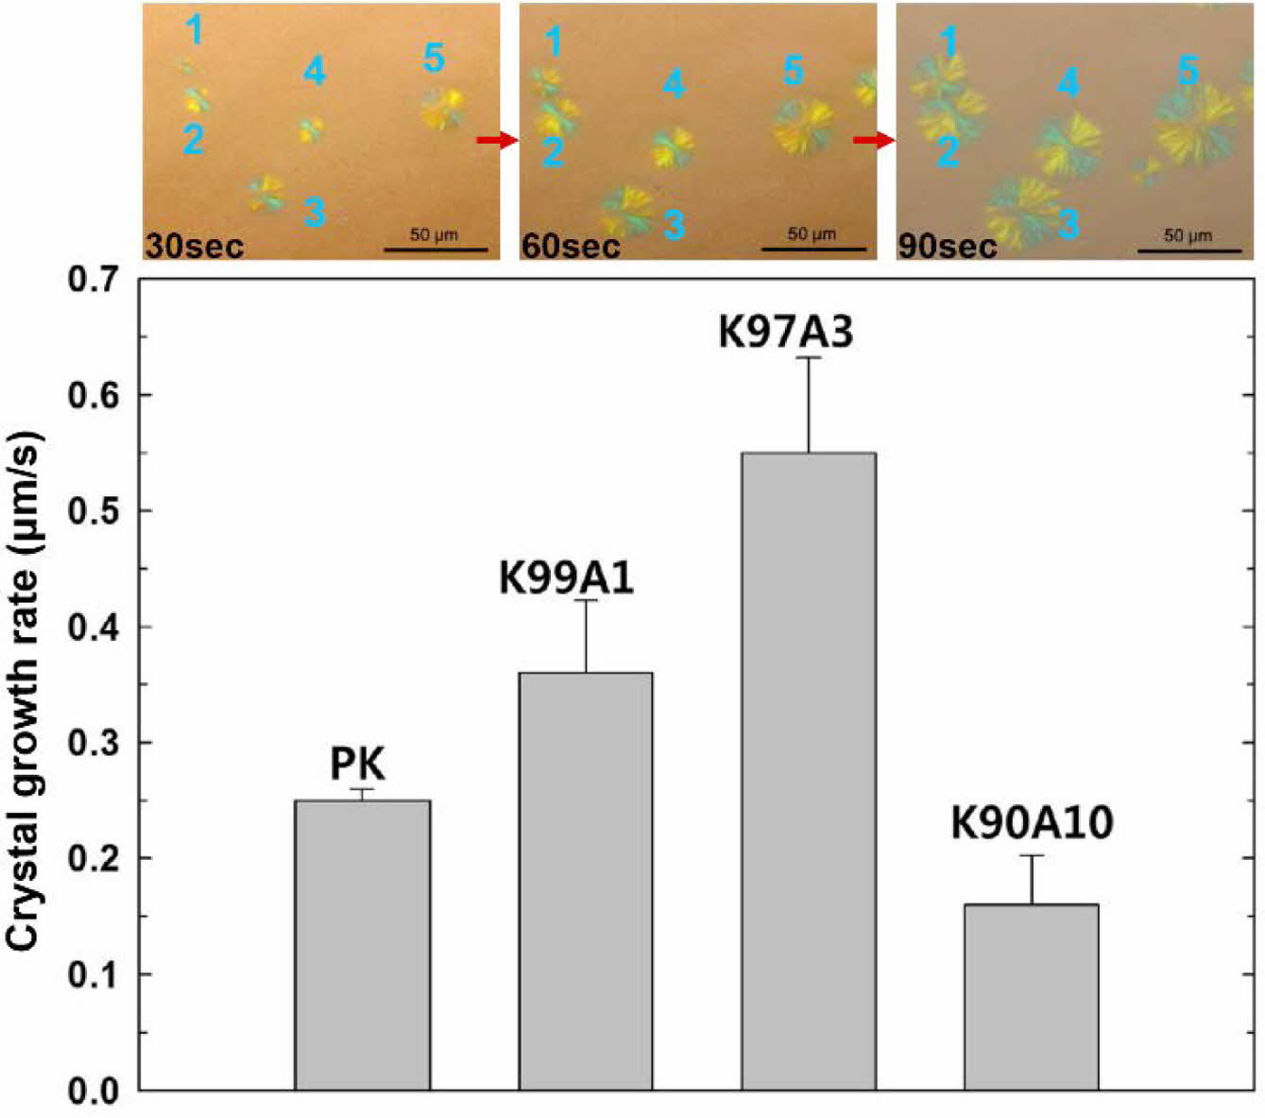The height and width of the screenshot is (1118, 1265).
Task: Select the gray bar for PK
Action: tap(362, 945)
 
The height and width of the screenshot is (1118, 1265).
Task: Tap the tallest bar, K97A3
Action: tap(809, 771)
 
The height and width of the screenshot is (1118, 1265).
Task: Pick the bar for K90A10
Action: tap(1032, 997)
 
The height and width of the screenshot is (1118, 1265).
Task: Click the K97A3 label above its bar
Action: tap(786, 333)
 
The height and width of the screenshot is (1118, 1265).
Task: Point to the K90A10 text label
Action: tap(1032, 823)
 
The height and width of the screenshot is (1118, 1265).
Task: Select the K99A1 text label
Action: tap(566, 578)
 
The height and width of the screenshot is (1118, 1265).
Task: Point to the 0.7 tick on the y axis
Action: tap(94, 281)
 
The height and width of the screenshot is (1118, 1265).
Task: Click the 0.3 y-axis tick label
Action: tap(94, 744)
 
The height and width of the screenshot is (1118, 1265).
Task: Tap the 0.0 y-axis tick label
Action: tap(94, 1092)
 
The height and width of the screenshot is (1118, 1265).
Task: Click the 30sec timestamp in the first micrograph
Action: tap(195, 247)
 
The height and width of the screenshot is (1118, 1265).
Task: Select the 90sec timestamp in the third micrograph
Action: tap(947, 247)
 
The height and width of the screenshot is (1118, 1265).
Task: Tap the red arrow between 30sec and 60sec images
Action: tap(497, 141)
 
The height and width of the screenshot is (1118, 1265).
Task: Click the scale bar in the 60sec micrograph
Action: tap(812, 249)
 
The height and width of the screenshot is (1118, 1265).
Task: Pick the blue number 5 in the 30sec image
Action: tap(434, 59)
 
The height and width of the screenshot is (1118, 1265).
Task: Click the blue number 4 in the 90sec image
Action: tap(1068, 83)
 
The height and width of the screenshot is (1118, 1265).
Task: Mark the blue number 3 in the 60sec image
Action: tap(674, 225)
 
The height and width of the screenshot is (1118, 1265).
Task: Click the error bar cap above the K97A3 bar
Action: tap(809, 357)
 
